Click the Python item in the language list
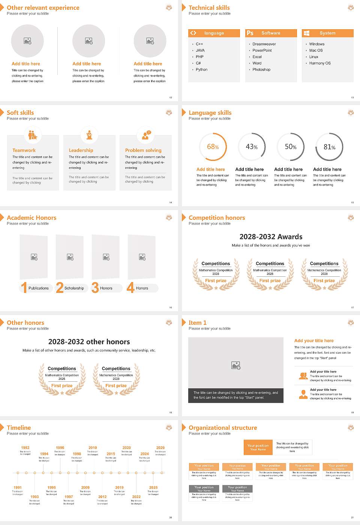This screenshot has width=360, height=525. tap(201, 70)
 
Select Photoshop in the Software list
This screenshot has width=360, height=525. tap(261, 70)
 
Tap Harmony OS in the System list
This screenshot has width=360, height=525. tap(320, 63)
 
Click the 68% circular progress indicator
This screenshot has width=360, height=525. tap(213, 147)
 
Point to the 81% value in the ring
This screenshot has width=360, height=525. tap(329, 147)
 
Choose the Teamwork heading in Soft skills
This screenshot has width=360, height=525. tap(24, 150)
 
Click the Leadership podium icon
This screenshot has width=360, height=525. tap(89, 135)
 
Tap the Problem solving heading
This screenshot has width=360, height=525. tap(143, 150)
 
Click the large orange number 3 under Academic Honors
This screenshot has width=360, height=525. tap(95, 288)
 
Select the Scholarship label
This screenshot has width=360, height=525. tap(74, 288)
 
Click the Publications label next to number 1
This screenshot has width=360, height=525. tap(39, 288)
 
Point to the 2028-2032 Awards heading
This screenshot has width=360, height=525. tap(271, 237)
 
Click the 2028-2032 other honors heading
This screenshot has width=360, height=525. tap(89, 342)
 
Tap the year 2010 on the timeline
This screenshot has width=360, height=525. tap(93, 448)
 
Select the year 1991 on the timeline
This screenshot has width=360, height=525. tap(18, 488)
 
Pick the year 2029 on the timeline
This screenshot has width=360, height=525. tap(160, 448)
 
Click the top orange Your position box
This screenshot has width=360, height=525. tap(258, 447)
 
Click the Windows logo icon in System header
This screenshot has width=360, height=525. tap(306, 33)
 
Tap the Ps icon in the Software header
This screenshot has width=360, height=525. tap(250, 33)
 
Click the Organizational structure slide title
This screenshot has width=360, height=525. tap(223, 428)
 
